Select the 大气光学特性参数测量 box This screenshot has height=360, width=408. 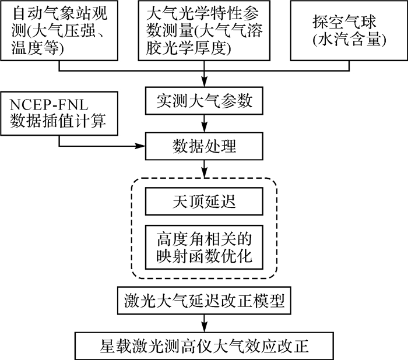(x=204, y=31)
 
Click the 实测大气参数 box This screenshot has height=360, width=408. (x=204, y=100)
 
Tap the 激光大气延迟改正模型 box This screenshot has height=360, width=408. (x=204, y=301)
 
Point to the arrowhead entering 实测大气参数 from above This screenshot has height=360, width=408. (x=204, y=83)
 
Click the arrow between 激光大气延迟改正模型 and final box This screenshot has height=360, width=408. (x=204, y=322)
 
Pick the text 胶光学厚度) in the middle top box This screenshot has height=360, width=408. (x=188, y=50)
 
